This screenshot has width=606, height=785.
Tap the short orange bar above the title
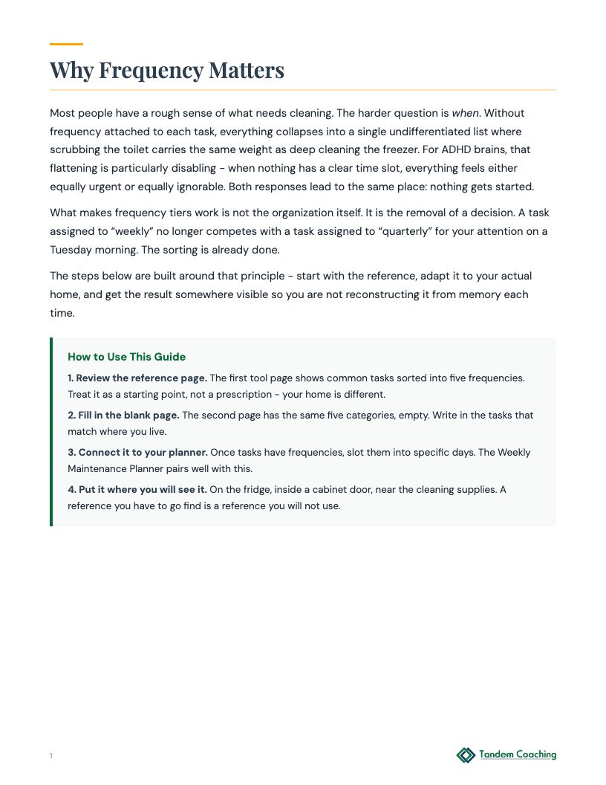(66, 44)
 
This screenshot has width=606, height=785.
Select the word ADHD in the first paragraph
(457, 149)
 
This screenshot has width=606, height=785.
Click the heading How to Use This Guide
(126, 357)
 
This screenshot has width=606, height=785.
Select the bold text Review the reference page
(141, 378)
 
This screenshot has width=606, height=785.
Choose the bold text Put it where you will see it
(137, 489)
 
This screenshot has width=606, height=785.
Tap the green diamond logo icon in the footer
(466, 755)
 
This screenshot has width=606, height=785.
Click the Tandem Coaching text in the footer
(518, 755)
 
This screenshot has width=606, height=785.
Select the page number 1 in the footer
(51, 756)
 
